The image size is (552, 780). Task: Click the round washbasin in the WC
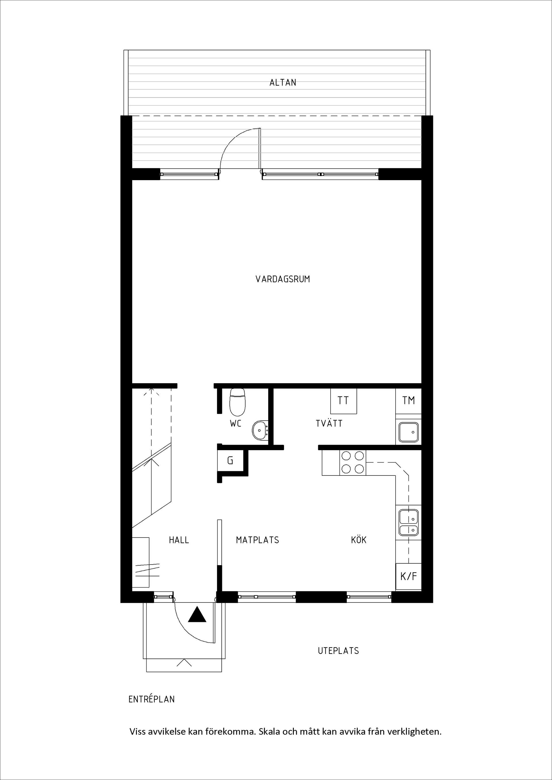[x=260, y=431]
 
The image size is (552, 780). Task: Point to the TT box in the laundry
[x=343, y=401]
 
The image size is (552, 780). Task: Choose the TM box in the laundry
[x=409, y=400]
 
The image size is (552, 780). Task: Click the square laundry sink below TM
[x=409, y=432]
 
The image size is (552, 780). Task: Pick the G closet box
[x=230, y=461]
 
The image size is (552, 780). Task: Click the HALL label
[x=179, y=540]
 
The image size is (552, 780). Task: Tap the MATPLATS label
[x=257, y=540]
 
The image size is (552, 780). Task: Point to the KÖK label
[x=359, y=540]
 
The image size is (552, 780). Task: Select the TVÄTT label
[x=329, y=424]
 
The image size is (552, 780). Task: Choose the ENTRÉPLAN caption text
[x=152, y=699]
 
